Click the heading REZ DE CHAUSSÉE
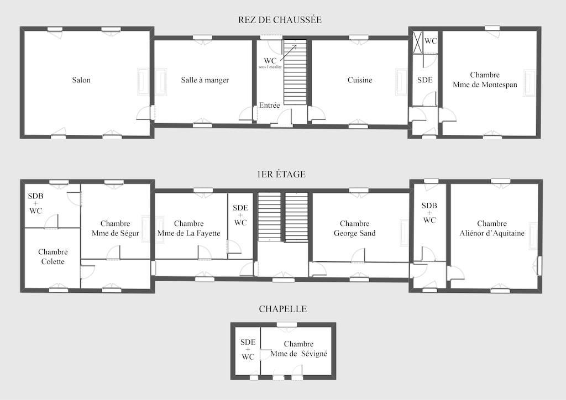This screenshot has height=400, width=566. coord(280,20)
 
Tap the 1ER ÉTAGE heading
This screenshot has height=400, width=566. coord(281,174)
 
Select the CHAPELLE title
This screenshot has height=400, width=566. coord(282,309)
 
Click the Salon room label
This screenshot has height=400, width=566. coord(81,80)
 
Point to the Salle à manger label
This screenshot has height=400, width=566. coord(205,80)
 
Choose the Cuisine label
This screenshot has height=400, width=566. coord(360,80)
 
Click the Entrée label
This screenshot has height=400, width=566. coord(270,106)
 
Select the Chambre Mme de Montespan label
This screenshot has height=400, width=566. coord(485,80)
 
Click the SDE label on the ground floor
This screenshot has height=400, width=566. coord(424,80)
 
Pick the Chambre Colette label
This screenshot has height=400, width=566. coord(51,256)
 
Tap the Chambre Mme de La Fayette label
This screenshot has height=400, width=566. coord(188,228)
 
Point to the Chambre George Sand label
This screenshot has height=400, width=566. coord(354,228)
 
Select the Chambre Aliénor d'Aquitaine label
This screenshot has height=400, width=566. coord(492,228)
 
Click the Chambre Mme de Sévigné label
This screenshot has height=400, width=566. coord(299,349)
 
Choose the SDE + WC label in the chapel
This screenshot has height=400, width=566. coord(248,349)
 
